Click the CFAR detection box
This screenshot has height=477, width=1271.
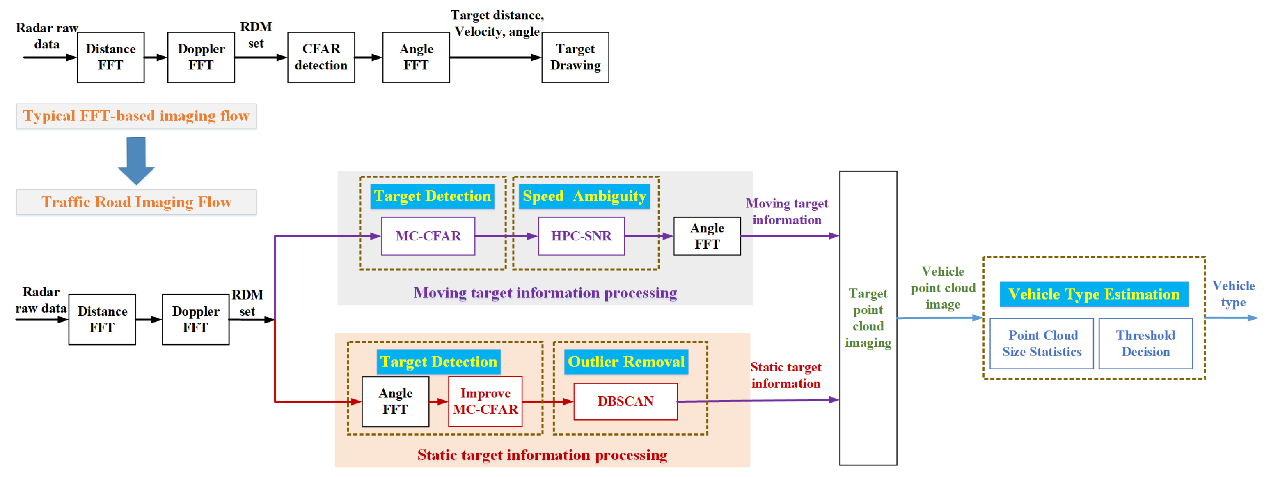pos(321,57)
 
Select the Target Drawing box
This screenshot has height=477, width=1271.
pos(575,57)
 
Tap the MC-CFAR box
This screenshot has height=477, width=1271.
pos(428,236)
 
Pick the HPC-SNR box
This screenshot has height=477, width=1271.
pos(581,236)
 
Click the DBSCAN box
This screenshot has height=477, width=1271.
pos(625,401)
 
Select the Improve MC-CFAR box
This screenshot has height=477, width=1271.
pos(485,401)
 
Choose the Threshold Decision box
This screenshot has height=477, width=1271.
pos(1145,343)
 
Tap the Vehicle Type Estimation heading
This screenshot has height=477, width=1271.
pos(1093,294)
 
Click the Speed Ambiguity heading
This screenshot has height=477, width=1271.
pos(584,196)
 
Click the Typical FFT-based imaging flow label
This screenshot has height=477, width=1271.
pos(136,116)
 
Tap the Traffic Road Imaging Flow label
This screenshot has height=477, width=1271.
pos(136,203)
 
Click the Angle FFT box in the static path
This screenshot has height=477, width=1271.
pos(395,401)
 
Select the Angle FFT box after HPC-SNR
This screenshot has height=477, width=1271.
pos(707,236)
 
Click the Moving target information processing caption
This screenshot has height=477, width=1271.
pos(545,293)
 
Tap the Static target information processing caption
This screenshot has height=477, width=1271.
pos(542,455)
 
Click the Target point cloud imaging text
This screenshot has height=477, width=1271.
pos(868,318)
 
